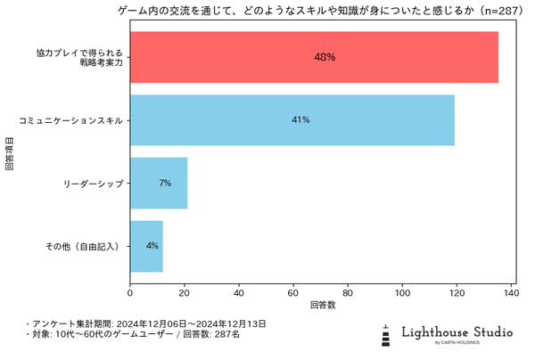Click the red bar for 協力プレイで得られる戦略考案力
(x=314, y=57)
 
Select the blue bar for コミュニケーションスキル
(x=292, y=119)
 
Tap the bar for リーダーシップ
(x=159, y=183)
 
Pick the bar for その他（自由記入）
(x=146, y=245)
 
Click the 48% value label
(x=325, y=57)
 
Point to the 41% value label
(x=300, y=119)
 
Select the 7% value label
(x=165, y=183)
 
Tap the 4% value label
(x=152, y=245)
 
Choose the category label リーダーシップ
(x=93, y=183)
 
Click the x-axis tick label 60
(x=293, y=290)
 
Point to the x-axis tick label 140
(x=511, y=290)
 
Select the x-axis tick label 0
(x=130, y=290)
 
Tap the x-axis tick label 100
(x=402, y=290)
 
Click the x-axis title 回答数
(x=323, y=305)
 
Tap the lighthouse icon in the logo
(x=386, y=335)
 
